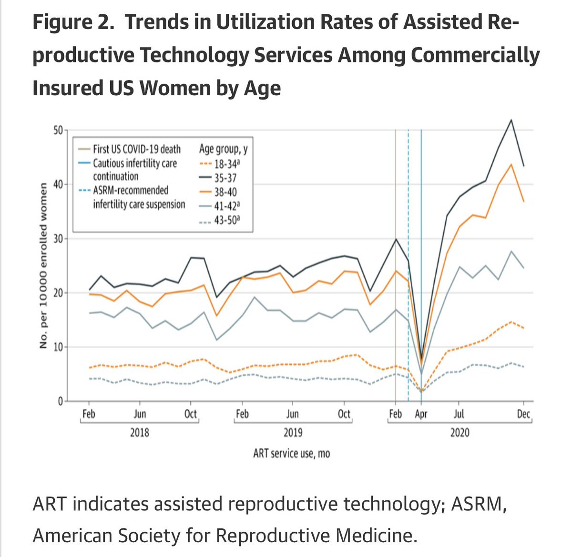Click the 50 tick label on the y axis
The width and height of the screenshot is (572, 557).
pos(58,130)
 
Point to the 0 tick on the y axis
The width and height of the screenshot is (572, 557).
pos(61,401)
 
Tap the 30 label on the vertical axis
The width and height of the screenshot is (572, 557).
pos(58,239)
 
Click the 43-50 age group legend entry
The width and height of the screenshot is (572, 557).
pos(220,220)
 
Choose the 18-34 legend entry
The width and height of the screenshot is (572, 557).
pos(220,164)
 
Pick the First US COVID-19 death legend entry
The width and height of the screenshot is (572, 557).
pos(129,149)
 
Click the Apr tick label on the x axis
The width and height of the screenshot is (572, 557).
pos(421,414)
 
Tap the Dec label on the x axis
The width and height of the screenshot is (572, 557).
pos(523,414)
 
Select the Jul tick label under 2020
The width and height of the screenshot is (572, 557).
pos(459,414)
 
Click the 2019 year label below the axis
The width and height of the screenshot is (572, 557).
pos(293,433)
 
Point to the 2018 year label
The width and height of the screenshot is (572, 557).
pos(140,433)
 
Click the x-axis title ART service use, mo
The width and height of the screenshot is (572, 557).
pos(292,454)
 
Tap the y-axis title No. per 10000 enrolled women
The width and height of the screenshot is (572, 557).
pos(43,265)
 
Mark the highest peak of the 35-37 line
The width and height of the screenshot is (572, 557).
pos(511,120)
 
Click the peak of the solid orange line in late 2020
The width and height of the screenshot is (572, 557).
pos(511,164)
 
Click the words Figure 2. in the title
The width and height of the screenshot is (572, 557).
pos(73,22)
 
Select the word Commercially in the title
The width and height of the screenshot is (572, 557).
pos(475,55)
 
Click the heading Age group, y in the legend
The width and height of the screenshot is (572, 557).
pos(224,149)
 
